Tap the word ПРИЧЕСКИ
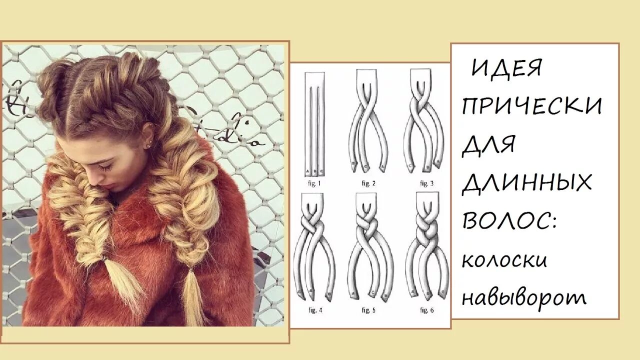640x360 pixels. point(532,106)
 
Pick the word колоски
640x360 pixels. point(504,260)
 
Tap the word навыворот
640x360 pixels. point(524,297)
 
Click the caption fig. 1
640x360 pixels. point(313,183)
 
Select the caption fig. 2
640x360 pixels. point(368,183)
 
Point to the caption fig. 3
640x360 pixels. point(426,183)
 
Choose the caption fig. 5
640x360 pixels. point(369,310)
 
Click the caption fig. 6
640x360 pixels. point(426,310)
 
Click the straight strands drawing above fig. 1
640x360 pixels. point(314,125)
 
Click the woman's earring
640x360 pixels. point(148,145)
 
